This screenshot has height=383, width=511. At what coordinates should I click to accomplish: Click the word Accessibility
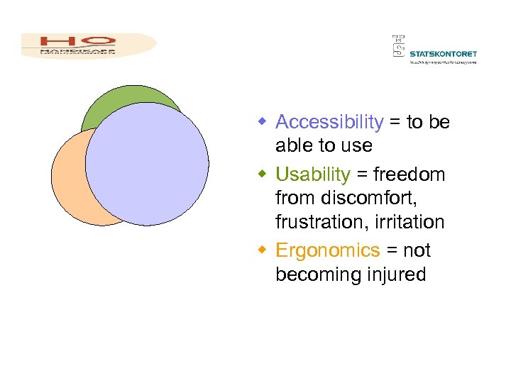pyautogui.click(x=329, y=122)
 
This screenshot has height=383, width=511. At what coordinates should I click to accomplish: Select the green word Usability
pyautogui.click(x=312, y=174)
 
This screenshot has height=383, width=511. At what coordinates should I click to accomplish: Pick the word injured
pyautogui.click(x=394, y=274)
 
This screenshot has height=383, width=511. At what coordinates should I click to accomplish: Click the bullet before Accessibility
pyautogui.click(x=262, y=123)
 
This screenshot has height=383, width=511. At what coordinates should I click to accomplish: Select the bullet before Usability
pyautogui.click(x=262, y=174)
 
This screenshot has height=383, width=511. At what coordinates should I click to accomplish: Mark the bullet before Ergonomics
pyautogui.click(x=262, y=250)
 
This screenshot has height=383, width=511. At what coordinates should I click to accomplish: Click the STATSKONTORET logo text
pyautogui.click(x=444, y=53)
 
